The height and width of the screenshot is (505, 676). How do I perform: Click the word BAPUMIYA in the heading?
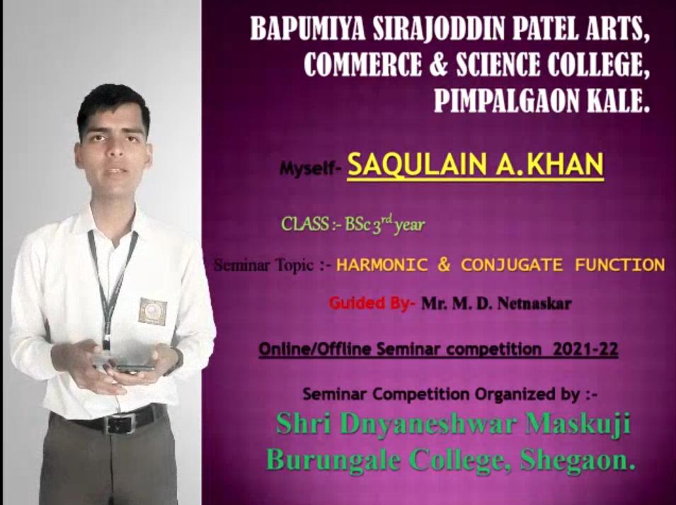(307, 29)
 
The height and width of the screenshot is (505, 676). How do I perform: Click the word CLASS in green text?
(305, 224)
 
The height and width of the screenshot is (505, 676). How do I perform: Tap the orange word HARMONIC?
(382, 264)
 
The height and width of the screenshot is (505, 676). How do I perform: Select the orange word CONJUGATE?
(512, 264)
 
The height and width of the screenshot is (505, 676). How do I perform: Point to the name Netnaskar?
(534, 304)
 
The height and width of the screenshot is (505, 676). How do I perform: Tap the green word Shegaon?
(578, 461)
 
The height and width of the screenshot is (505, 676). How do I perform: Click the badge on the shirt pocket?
(153, 312)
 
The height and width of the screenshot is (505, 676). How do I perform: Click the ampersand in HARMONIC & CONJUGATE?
(444, 264)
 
